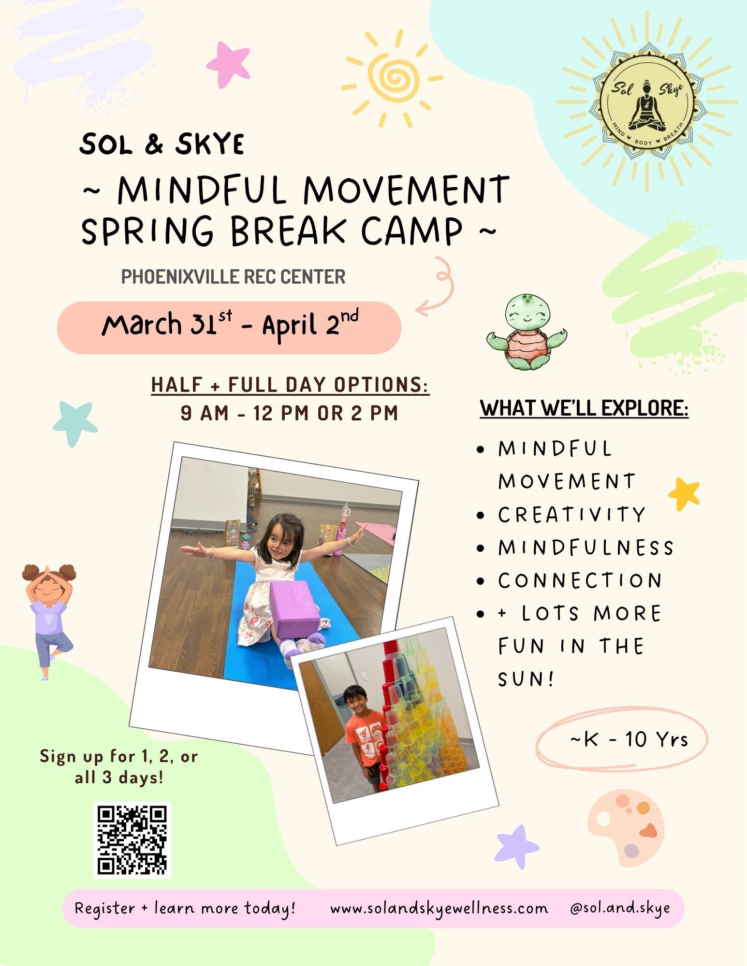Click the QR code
[132, 839]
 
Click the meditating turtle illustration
[527, 332]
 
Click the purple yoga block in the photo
[294, 607]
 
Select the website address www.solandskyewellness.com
[439, 908]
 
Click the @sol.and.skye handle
[620, 908]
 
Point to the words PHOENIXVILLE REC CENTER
[233, 277]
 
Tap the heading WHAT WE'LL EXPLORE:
[584, 408]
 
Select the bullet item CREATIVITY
[572, 515]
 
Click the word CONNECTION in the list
[580, 580]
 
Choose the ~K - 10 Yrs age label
[629, 739]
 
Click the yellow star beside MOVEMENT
[684, 493]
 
